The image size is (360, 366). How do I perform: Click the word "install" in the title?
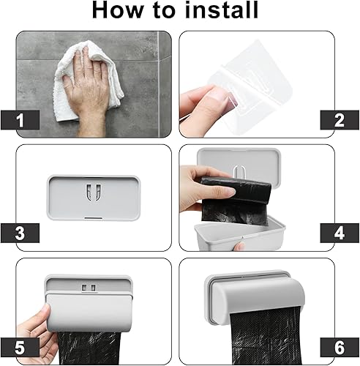click(222, 10)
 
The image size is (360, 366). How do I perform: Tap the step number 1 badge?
click(20, 120)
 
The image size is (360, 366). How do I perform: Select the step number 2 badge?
click(340, 120)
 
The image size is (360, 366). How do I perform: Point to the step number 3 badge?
click(20, 233)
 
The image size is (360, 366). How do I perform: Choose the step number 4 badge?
click(340, 233)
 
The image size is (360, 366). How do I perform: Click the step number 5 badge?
click(20, 347)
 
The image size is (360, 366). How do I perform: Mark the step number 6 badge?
click(340, 347)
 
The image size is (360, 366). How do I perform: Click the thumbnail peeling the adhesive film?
click(221, 96)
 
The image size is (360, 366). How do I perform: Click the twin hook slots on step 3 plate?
click(94, 193)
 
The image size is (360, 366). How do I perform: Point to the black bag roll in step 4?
click(236, 199)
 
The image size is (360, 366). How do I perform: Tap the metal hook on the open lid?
click(239, 171)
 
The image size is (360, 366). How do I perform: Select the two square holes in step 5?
click(89, 288)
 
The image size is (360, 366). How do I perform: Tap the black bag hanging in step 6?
click(266, 337)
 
